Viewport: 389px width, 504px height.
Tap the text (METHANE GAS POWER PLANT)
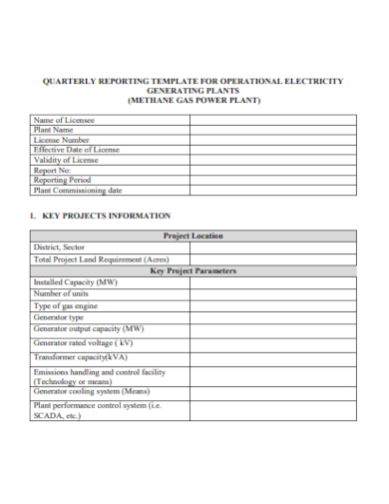click(194, 100)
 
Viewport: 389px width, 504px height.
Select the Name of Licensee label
click(66, 120)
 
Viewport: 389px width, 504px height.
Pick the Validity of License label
click(66, 160)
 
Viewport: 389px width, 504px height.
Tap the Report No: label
click(54, 170)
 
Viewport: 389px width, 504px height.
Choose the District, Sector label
click(60, 247)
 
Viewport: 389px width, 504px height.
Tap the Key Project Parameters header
click(194, 270)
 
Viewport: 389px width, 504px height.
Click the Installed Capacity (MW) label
click(75, 282)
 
